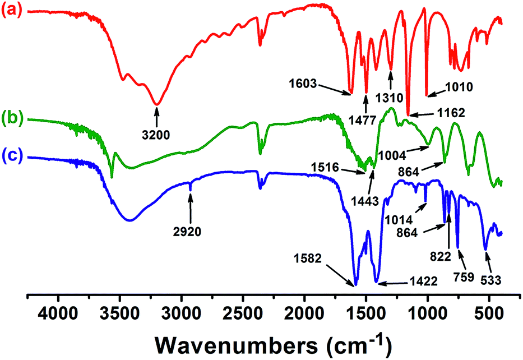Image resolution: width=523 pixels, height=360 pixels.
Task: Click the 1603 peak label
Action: (x=304, y=85)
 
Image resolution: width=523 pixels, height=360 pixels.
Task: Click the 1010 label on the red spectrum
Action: (x=460, y=87)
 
